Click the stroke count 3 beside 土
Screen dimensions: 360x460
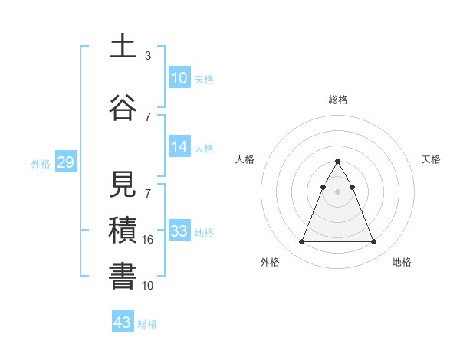click(147, 56)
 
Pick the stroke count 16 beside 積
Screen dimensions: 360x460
click(149, 240)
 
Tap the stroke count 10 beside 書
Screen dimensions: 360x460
click(149, 285)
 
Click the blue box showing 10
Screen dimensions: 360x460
click(179, 78)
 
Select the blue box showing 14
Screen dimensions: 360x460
click(179, 147)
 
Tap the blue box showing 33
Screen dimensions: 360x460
click(179, 231)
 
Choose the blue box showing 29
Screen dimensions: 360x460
click(64, 162)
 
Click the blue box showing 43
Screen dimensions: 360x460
click(123, 322)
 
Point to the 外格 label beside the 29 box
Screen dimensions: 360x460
click(41, 163)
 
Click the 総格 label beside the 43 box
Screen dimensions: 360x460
click(147, 324)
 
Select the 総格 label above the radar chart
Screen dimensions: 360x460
click(337, 100)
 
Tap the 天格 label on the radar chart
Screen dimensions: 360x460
click(431, 159)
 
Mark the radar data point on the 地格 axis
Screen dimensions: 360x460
click(373, 242)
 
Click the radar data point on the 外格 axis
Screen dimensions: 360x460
click(301, 242)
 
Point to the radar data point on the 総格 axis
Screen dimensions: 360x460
click(337, 162)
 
